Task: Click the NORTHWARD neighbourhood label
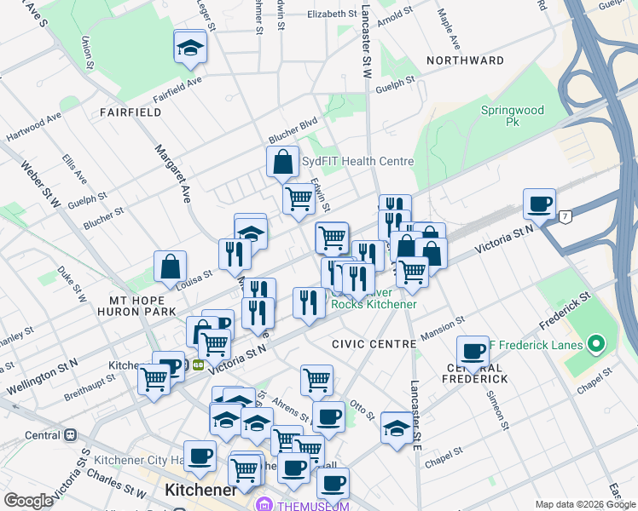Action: point(465,60)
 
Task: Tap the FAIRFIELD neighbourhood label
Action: point(130,112)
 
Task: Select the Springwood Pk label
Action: point(512,116)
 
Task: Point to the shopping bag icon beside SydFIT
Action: point(281,161)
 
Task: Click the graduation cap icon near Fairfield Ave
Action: point(190,48)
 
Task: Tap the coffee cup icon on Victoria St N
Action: point(539,204)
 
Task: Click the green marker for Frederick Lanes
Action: point(596,345)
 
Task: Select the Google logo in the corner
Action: point(28,501)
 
